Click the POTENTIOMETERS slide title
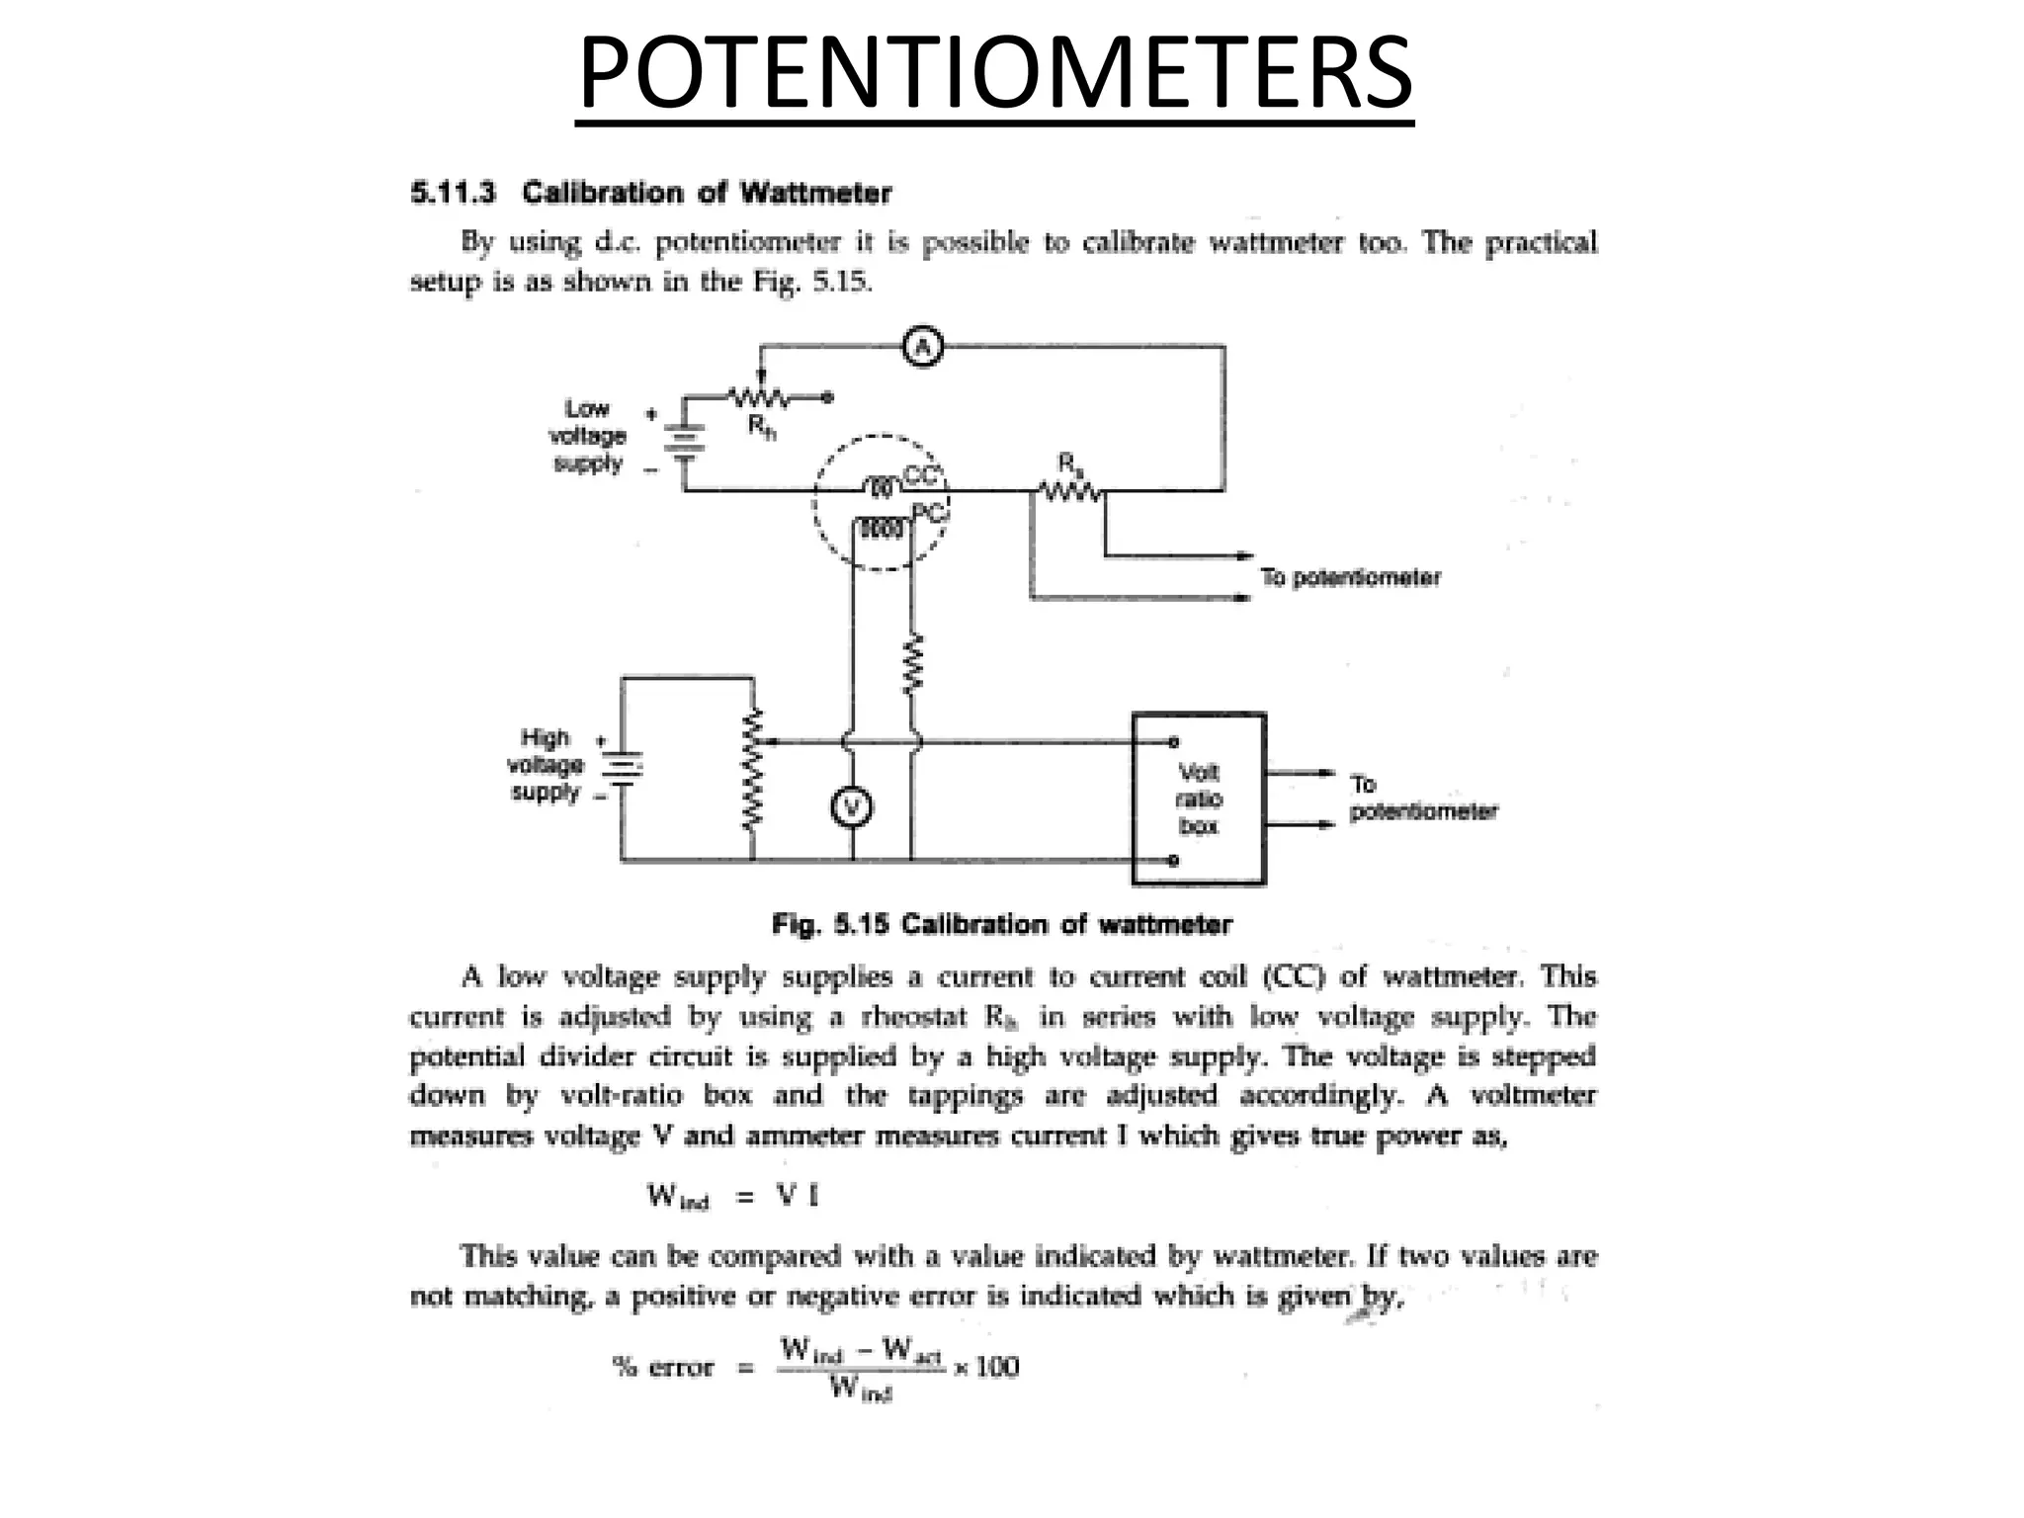[994, 73]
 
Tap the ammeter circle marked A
[923, 347]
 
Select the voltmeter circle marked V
[851, 808]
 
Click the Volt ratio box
[1198, 799]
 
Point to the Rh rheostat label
[761, 427]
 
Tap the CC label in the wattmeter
[920, 475]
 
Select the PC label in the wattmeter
[928, 512]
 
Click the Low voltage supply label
[588, 436]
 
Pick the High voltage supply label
[546, 765]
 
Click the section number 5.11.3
[453, 192]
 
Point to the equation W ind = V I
[732, 1197]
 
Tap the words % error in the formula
[663, 1368]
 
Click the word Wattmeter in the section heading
[815, 192]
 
